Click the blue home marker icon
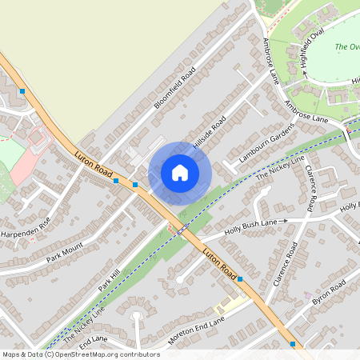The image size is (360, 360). pos(180,173)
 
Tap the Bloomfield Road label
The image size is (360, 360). pos(174,88)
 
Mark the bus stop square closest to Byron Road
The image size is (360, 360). pos(293,344)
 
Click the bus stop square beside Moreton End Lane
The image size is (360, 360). pos(241,278)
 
